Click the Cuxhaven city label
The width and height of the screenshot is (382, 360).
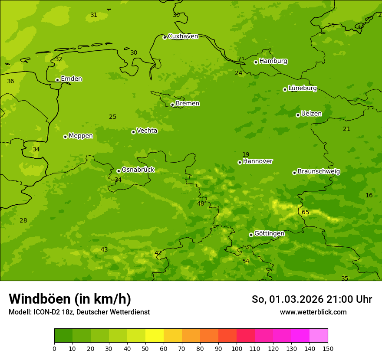click(x=183, y=36)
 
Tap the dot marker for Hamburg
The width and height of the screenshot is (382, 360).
click(x=256, y=62)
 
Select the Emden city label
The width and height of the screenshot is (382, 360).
click(x=71, y=79)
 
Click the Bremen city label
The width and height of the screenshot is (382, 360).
click(x=187, y=104)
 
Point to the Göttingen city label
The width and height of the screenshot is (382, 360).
click(x=269, y=234)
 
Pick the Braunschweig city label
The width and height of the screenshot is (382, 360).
click(x=319, y=172)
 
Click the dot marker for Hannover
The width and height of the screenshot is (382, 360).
click(x=240, y=162)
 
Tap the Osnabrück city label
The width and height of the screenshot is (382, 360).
click(x=138, y=170)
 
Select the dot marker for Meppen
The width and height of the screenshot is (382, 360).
click(x=65, y=137)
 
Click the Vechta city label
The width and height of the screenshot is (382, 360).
click(x=147, y=131)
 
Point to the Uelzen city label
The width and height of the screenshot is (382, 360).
click(x=311, y=114)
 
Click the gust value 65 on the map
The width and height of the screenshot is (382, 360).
click(x=306, y=212)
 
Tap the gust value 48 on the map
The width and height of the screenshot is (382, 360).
click(x=201, y=203)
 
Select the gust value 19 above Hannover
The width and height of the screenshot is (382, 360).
click(x=246, y=155)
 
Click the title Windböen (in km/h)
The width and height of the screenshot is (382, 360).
click(x=70, y=299)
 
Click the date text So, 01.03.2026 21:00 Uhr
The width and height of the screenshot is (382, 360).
click(x=312, y=299)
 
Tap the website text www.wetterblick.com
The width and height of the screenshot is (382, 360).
click(x=313, y=312)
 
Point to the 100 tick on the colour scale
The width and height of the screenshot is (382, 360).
click(x=237, y=348)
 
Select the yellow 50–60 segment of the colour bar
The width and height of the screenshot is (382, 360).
click(x=155, y=335)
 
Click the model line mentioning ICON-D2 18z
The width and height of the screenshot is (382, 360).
click(x=79, y=312)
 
